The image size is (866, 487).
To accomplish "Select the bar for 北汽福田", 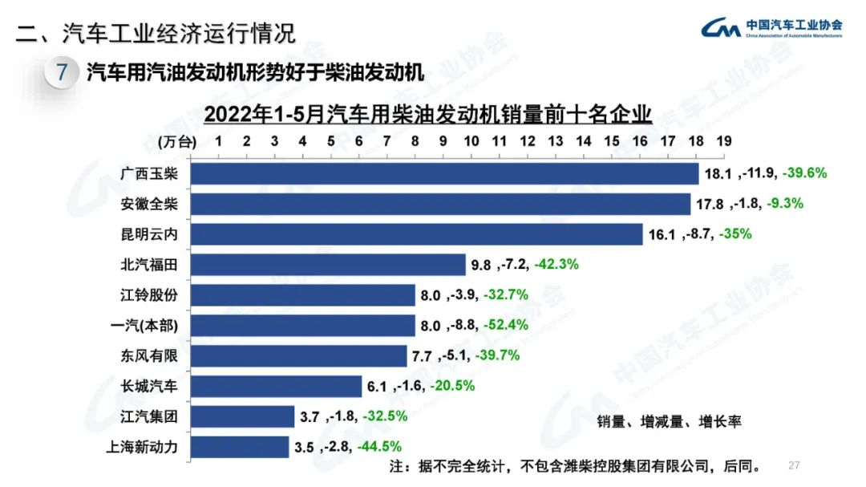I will point(329,265).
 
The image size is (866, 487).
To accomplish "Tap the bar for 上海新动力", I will point(241,447).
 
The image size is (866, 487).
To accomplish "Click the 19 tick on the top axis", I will point(723,141).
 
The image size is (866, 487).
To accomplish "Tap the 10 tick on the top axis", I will point(471,141).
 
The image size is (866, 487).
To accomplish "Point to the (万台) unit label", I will point(176,142).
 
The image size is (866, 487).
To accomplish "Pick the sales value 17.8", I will point(709,204).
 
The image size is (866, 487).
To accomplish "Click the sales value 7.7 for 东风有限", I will point(422,355).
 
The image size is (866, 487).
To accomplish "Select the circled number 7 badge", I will point(62,74).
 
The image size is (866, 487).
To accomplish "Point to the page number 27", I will point(795,465).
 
